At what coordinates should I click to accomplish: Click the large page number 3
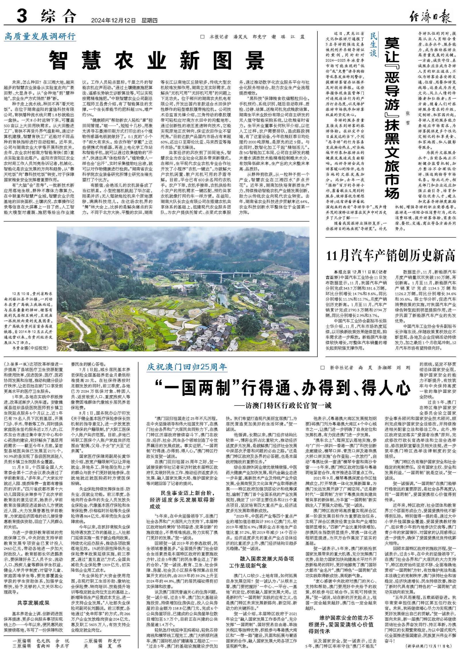pyautogui.click(x=22, y=16)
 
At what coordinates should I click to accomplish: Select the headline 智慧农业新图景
pyautogui.click(x=157, y=60)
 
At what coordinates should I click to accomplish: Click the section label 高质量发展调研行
pyautogui.click(x=40, y=37)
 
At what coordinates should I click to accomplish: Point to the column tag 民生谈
pyautogui.click(x=373, y=45)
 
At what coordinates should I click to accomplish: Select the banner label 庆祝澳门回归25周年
pyautogui.click(x=187, y=367)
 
